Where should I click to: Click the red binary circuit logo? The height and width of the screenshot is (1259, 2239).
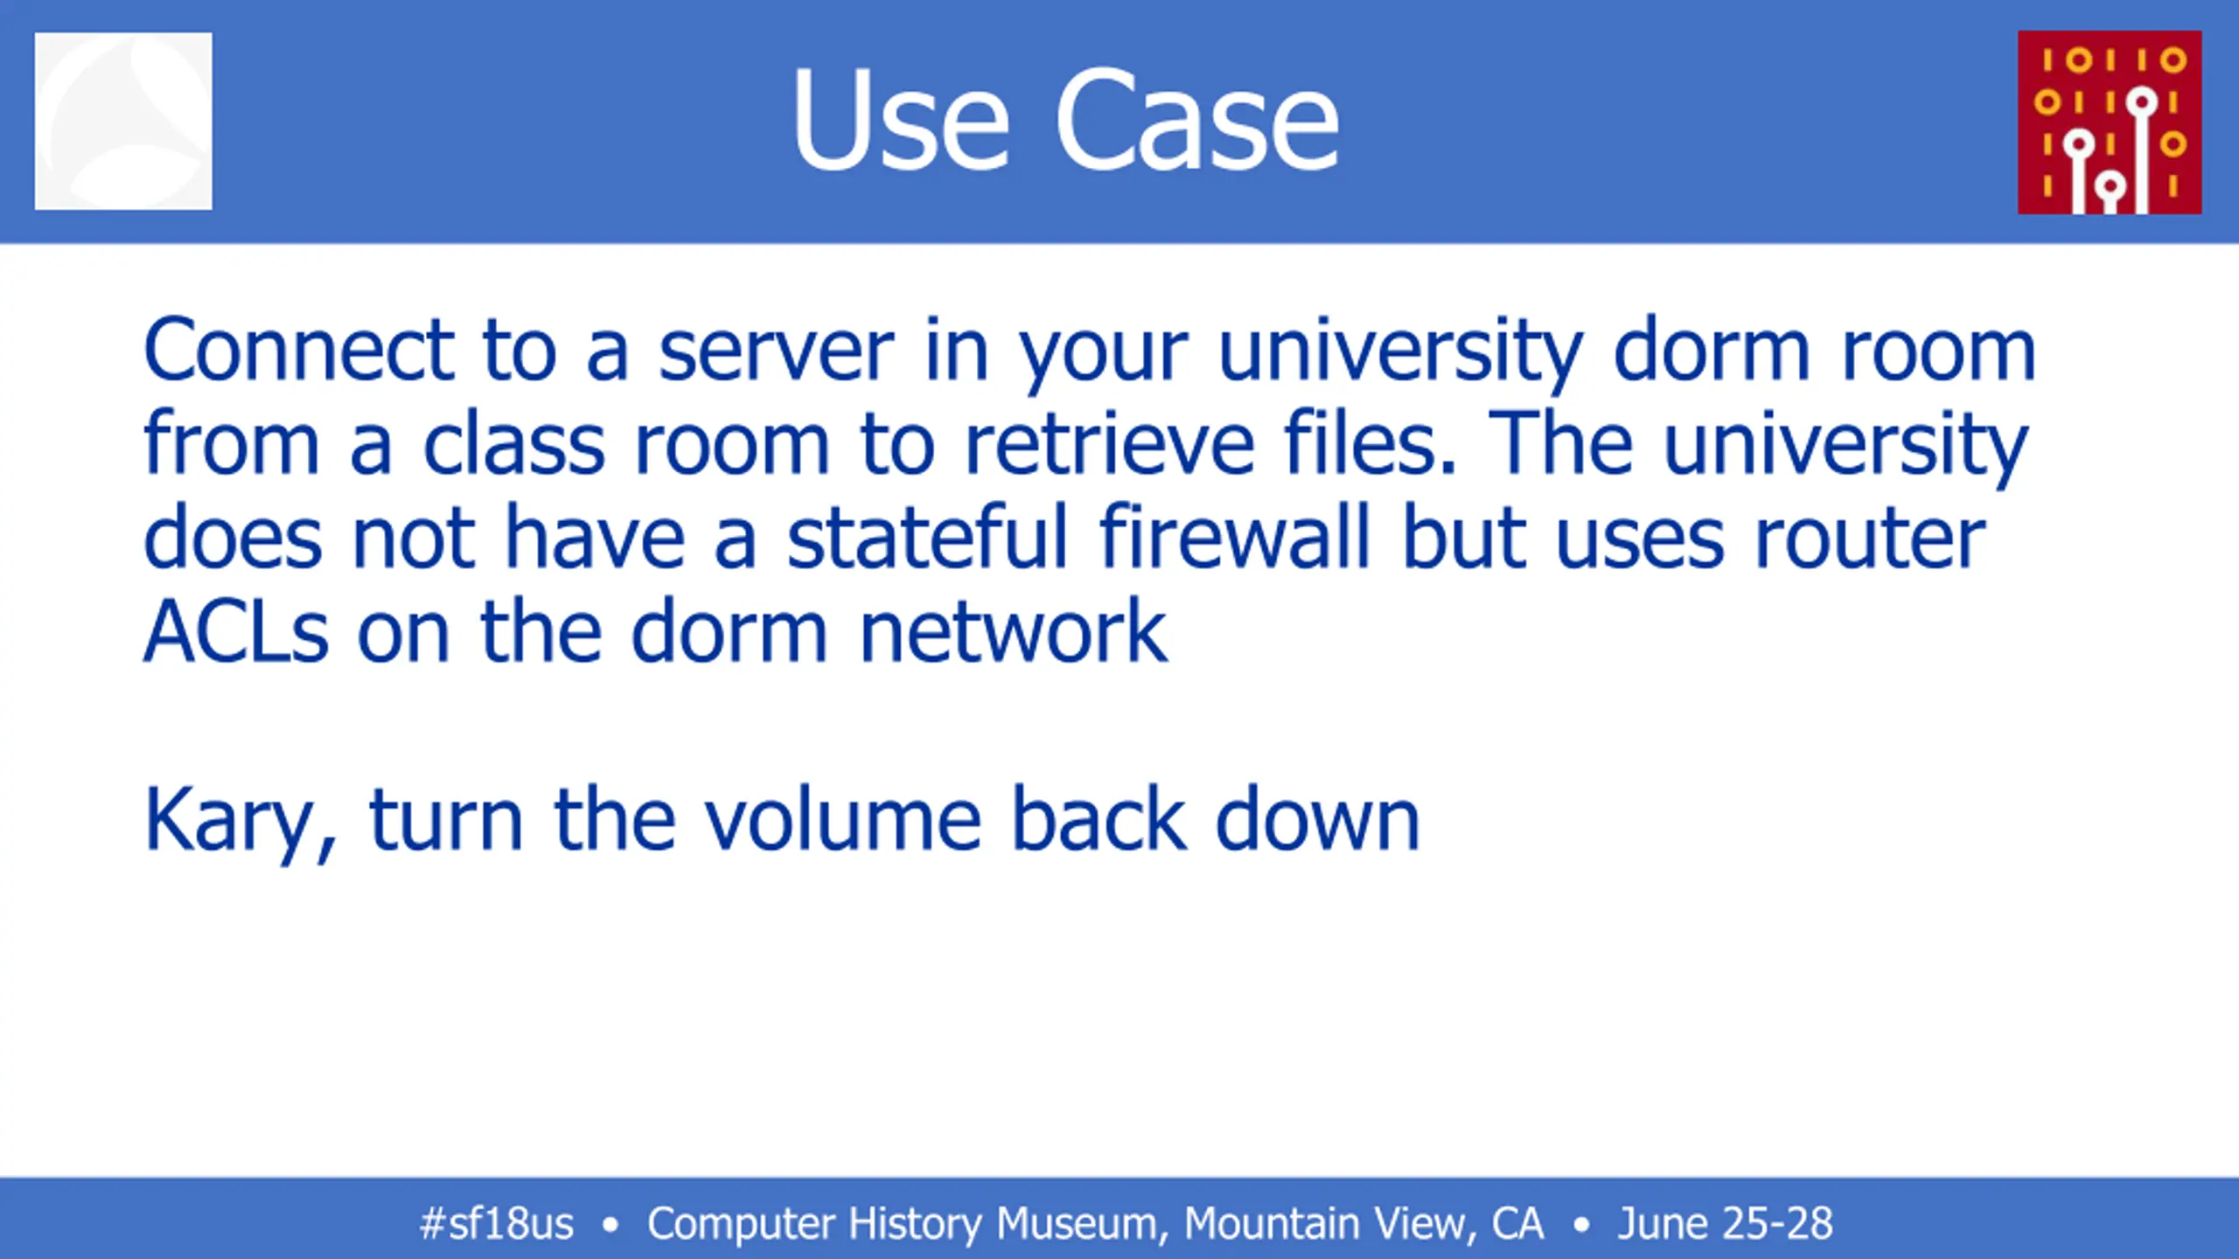click(2110, 122)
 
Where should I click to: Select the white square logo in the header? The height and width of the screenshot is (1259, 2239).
click(123, 121)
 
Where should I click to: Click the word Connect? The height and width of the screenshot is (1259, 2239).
click(299, 350)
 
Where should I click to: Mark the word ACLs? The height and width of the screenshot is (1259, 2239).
click(236, 631)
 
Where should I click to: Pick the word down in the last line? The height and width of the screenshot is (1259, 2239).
click(1317, 818)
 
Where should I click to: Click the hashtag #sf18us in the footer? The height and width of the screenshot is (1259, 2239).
click(497, 1223)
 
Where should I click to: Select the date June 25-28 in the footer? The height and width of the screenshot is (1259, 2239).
click(1725, 1223)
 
